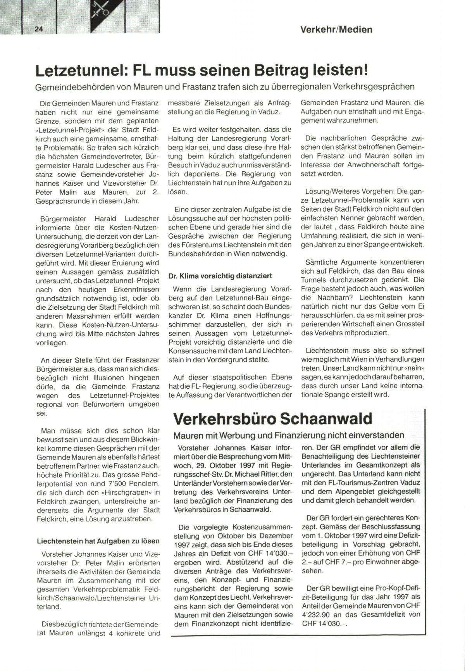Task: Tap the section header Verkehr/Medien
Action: (x=336, y=29)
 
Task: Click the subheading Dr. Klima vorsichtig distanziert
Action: (x=220, y=276)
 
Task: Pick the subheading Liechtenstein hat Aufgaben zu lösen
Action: (x=98, y=541)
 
